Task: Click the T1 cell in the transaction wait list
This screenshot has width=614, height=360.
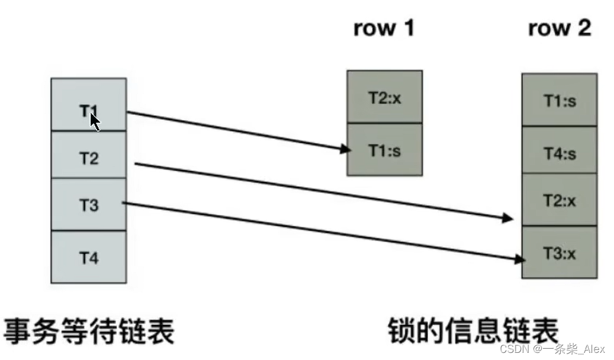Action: (x=88, y=105)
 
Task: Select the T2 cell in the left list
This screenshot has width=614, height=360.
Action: (x=88, y=157)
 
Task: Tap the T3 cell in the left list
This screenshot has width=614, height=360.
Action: (x=88, y=205)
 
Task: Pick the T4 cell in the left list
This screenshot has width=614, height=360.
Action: (x=88, y=258)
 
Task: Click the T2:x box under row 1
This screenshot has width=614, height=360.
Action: (x=384, y=97)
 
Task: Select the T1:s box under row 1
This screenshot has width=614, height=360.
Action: (x=384, y=150)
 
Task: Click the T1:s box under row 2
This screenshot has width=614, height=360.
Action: (x=559, y=100)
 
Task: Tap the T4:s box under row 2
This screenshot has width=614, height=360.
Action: (x=559, y=153)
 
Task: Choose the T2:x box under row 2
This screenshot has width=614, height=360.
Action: (x=559, y=200)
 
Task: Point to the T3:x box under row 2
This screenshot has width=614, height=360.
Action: (x=559, y=253)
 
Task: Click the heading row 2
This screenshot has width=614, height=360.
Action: (x=559, y=28)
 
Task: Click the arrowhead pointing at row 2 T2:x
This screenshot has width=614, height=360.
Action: (x=507, y=218)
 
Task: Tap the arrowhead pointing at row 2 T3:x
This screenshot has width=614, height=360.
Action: (x=519, y=258)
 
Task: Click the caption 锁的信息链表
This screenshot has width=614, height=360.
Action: (x=473, y=330)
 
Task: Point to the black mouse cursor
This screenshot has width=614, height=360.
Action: (x=95, y=122)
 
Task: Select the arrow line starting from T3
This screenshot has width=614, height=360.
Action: (x=320, y=230)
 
